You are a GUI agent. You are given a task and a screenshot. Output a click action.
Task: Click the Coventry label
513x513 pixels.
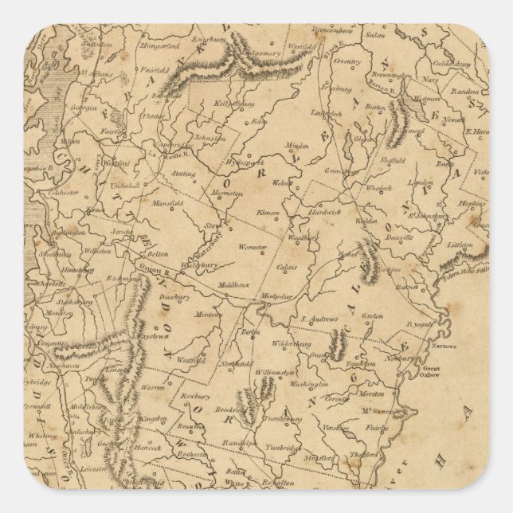[x=347, y=60]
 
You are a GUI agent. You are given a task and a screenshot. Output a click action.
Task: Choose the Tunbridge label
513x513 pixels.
[x=281, y=448]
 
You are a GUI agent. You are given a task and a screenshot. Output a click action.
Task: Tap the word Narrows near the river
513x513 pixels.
[x=445, y=347]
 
